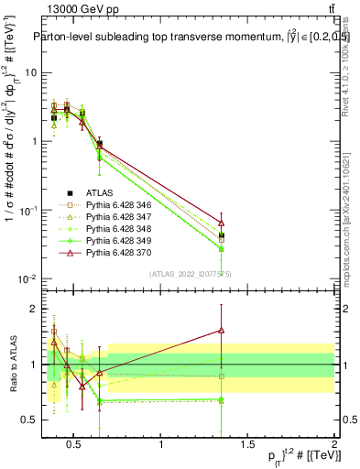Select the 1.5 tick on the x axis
[247, 446]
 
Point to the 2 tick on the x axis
[334, 446]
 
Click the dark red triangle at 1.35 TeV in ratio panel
[221, 331]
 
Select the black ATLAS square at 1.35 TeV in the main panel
[221, 235]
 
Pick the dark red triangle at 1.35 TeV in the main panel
[221, 223]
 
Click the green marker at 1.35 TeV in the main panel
[221, 248]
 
